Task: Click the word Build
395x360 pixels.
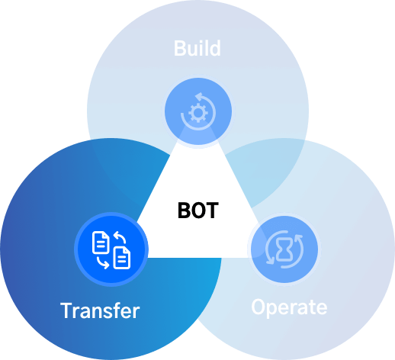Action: (197, 48)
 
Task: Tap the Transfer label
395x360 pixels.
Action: (100, 310)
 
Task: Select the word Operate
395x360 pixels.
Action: (289, 307)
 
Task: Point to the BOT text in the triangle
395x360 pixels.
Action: (198, 211)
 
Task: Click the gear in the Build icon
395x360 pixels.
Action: (198, 113)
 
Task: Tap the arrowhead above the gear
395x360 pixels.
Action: (198, 96)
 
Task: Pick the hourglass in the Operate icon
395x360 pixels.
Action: (284, 249)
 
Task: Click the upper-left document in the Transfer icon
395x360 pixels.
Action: (101, 243)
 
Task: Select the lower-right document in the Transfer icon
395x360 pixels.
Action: (122, 258)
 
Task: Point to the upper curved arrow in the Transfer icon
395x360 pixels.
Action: (120, 237)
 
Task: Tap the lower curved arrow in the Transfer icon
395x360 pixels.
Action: (103, 263)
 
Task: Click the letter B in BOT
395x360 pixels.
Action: (184, 211)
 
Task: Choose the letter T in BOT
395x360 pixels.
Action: (212, 211)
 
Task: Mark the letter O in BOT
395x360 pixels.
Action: (198, 211)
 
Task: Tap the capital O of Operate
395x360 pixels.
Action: (259, 307)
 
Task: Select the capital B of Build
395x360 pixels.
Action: (180, 48)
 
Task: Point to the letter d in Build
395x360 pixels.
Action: (214, 48)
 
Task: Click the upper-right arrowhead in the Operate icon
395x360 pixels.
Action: (298, 238)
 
